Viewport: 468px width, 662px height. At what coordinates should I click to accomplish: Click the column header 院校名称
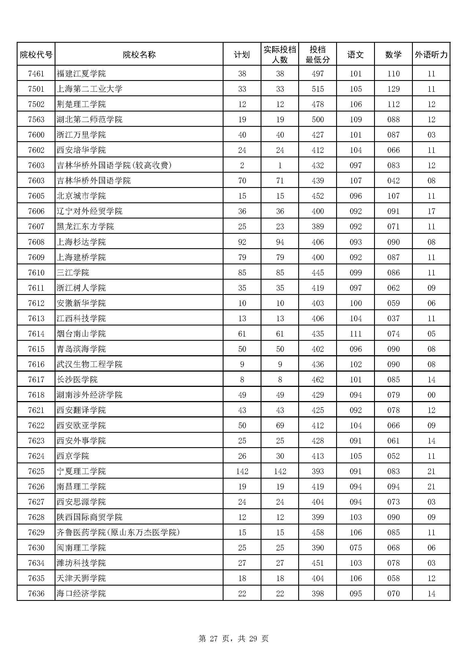click(x=139, y=55)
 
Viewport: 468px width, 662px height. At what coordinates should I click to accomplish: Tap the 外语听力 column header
click(x=431, y=55)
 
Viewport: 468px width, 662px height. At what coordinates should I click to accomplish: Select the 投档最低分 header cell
click(x=317, y=55)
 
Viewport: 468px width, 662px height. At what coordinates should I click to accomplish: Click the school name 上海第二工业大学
click(x=90, y=89)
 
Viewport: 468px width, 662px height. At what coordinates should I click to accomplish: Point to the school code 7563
click(x=36, y=119)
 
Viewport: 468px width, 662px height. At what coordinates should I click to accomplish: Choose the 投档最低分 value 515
click(x=317, y=89)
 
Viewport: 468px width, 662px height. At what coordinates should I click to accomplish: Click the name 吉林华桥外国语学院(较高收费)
click(x=114, y=165)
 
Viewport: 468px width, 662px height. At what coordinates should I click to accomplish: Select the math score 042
click(x=393, y=181)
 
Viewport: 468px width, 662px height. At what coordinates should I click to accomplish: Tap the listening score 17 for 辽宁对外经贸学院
click(x=431, y=211)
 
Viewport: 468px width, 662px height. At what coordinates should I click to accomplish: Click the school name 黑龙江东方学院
click(x=85, y=226)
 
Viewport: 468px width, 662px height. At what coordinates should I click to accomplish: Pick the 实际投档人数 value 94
click(x=280, y=242)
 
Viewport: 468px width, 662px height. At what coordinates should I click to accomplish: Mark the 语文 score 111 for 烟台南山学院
click(x=356, y=334)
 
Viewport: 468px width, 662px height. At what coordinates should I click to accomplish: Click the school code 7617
click(x=36, y=380)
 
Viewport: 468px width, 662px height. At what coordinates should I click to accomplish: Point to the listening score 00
click(x=431, y=395)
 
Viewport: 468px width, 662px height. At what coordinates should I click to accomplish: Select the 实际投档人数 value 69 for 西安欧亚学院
click(x=280, y=425)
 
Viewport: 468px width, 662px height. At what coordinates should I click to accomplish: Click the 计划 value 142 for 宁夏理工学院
click(x=242, y=471)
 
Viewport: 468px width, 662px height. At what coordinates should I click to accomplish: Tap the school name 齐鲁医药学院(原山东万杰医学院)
click(x=118, y=532)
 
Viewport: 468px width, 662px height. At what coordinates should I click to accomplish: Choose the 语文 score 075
click(x=356, y=548)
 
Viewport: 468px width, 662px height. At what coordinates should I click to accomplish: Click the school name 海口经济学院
click(x=81, y=594)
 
